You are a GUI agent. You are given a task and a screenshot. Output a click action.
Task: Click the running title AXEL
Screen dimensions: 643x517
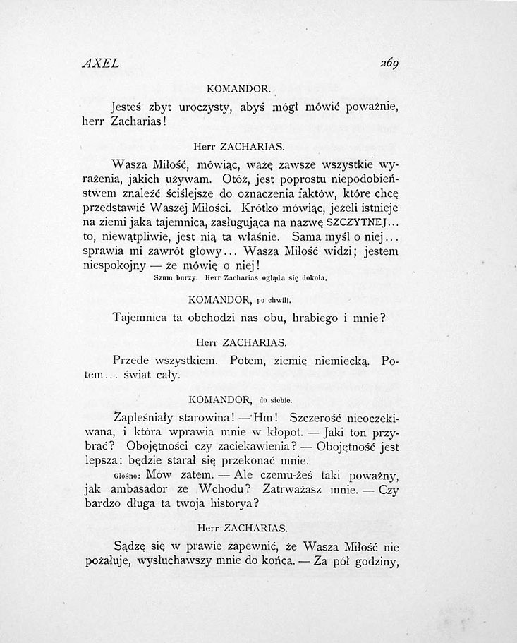click(99, 62)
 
